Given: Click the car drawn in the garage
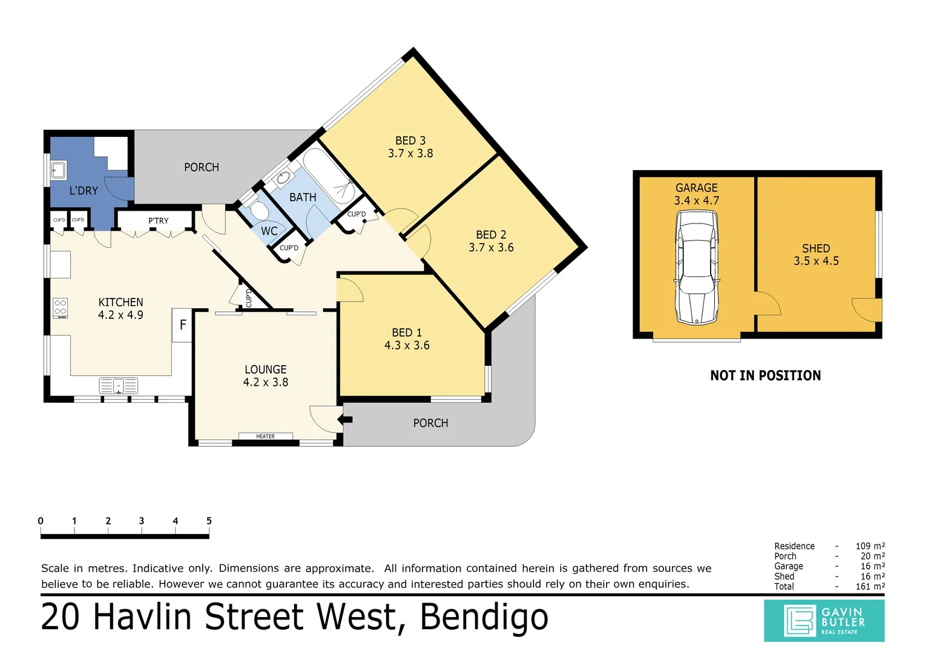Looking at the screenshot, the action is [697, 267].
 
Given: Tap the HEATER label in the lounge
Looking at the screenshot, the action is [266, 436].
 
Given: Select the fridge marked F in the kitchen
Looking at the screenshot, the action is [182, 325].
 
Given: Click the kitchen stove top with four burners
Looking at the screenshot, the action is [61, 308].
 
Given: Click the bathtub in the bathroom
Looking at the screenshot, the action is [329, 176].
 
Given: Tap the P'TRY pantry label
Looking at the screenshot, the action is [159, 220].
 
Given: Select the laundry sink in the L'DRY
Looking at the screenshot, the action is [58, 170].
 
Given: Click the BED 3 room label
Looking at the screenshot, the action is [410, 140].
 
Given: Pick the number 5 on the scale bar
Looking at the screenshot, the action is [209, 521].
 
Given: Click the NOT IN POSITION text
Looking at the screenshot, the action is [766, 375].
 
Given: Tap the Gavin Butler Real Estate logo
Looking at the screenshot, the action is [825, 621].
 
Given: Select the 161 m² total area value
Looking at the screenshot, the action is [870, 586].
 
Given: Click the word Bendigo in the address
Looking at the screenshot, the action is [484, 617].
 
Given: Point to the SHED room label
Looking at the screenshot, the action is [816, 248].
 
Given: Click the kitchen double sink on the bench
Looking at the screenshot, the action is [119, 386].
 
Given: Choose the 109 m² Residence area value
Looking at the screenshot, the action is [870, 546].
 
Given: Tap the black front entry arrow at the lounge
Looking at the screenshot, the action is [345, 420].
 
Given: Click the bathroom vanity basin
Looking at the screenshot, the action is [283, 178].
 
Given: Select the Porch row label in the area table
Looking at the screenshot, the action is [785, 556].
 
